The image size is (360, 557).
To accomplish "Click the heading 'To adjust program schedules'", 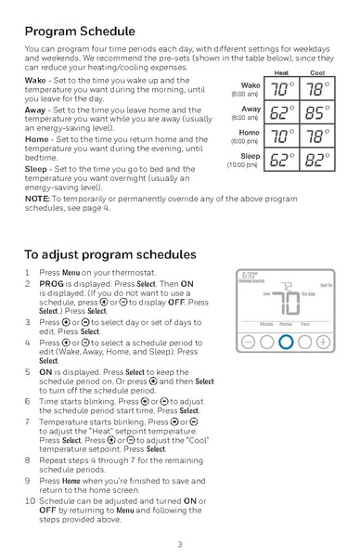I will point(109,253).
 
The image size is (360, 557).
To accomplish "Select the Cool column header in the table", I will point(317,72).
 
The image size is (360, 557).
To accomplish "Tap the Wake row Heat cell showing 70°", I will point(281,90).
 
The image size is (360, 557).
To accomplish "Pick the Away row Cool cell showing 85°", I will point(317,113).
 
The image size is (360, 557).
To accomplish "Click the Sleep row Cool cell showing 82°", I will point(317,160).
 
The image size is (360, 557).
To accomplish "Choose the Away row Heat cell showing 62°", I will point(281,113).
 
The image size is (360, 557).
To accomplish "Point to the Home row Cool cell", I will point(317,136).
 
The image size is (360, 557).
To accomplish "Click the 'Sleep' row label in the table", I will point(250,156).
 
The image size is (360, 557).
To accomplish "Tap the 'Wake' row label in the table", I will point(250,85).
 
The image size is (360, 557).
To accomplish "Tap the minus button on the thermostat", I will point(248,342).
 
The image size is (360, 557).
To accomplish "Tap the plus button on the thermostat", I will point(322,342).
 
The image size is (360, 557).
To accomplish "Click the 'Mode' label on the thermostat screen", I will point(266,323).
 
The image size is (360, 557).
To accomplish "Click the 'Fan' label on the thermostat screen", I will point(304,323).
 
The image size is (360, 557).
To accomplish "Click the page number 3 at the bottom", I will point(180,544).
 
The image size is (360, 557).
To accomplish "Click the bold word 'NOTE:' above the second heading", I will point(37,199).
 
